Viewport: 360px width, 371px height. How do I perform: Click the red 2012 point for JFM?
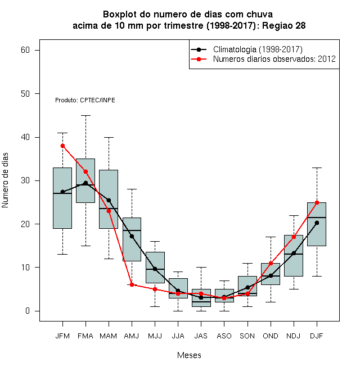(x=63, y=146)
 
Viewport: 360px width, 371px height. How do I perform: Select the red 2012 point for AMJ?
(x=132, y=284)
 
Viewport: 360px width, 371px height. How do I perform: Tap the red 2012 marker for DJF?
(x=317, y=202)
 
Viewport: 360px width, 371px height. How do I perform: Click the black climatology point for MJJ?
(x=155, y=269)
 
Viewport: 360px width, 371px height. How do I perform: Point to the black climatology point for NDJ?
(x=294, y=253)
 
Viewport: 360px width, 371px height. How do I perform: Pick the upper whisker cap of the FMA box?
(x=85, y=115)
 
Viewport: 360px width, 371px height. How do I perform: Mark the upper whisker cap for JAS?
(x=201, y=268)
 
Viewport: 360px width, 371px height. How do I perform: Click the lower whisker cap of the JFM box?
(x=63, y=254)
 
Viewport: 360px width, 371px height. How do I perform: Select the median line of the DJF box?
(x=317, y=218)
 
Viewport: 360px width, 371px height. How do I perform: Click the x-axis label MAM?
(x=109, y=336)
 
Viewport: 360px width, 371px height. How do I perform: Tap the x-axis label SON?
(x=247, y=336)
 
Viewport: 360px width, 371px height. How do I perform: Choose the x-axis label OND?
(x=271, y=336)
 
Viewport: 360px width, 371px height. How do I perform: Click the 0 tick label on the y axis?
(x=28, y=311)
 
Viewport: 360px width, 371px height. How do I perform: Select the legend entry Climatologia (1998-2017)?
(x=246, y=49)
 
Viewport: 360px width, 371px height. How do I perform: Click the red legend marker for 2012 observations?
(x=199, y=59)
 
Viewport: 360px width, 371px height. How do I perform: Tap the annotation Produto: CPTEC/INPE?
(x=85, y=100)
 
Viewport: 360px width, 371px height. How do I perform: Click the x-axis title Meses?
(x=189, y=355)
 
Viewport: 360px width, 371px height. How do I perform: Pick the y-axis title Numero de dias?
(x=5, y=180)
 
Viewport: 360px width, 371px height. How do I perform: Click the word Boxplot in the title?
(x=120, y=15)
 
